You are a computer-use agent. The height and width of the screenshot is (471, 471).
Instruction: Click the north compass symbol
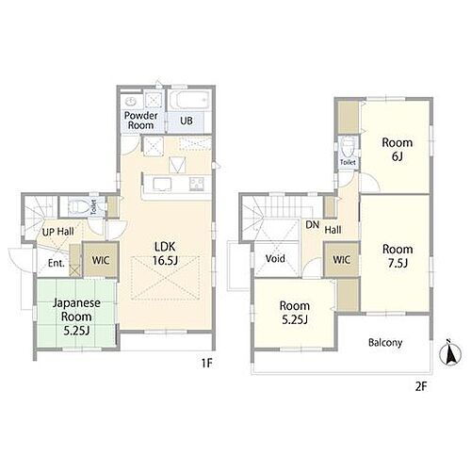tap(450, 354)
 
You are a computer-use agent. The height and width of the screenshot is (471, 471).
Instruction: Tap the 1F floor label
tap(207, 364)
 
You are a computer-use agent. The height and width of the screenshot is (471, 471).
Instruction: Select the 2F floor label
tap(421, 386)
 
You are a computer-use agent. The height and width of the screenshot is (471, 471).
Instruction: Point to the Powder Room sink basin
tap(130, 101)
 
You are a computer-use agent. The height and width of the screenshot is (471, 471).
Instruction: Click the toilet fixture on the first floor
tap(77, 206)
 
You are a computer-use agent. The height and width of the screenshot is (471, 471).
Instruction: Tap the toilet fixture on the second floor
tap(348, 148)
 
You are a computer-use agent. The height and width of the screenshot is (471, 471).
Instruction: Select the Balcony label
tap(385, 343)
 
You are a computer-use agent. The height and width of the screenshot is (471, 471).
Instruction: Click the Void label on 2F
tap(275, 258)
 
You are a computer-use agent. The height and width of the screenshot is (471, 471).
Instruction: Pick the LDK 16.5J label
tap(165, 253)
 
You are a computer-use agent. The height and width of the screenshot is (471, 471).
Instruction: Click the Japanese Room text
tap(76, 310)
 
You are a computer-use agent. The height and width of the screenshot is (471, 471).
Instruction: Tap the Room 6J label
tap(398, 149)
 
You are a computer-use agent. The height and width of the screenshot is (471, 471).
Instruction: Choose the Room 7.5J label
tap(398, 256)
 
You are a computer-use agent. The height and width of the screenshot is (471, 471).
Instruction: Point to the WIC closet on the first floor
tap(101, 260)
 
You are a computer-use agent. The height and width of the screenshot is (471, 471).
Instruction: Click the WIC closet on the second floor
tap(342, 259)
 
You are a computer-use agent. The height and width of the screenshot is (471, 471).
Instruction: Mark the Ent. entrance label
tap(57, 263)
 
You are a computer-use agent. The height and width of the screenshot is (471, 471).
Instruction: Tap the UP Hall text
tap(58, 232)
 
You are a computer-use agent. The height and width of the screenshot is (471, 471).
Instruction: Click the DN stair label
tap(313, 225)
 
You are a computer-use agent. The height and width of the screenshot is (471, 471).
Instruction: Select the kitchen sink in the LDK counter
tap(162, 185)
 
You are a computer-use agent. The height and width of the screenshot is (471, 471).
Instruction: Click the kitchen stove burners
tap(197, 184)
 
